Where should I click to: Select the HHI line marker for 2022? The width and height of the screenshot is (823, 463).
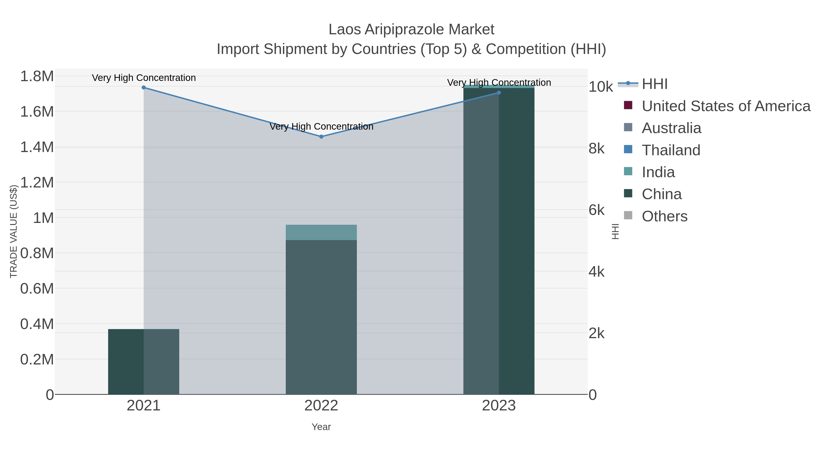tap(321, 136)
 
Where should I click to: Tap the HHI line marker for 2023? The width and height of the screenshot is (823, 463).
tap(499, 93)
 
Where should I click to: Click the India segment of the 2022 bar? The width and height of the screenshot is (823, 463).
tap(321, 232)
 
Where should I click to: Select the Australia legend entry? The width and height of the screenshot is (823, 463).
tap(671, 128)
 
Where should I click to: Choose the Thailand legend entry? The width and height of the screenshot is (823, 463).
tap(671, 150)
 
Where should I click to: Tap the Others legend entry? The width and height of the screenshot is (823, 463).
tap(665, 216)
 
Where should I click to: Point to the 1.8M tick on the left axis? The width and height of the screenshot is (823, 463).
tap(37, 77)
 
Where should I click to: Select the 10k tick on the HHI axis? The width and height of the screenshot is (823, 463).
tap(601, 87)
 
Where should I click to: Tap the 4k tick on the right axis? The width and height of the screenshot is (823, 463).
tap(596, 272)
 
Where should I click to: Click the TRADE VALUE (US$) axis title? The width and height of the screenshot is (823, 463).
tap(14, 231)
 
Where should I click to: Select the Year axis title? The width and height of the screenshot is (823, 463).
tap(321, 427)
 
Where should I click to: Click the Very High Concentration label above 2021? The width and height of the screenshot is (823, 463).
tap(144, 78)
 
